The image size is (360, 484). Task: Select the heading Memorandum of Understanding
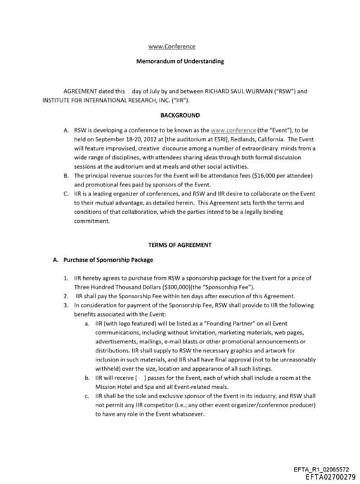(180, 61)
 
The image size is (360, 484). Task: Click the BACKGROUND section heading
(180, 115)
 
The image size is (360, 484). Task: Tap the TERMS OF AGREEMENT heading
(180, 245)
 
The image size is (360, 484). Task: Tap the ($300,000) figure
(161, 288)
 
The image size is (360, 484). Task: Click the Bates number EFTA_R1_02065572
(321, 469)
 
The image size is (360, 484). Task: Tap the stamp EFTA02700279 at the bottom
(321, 477)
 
